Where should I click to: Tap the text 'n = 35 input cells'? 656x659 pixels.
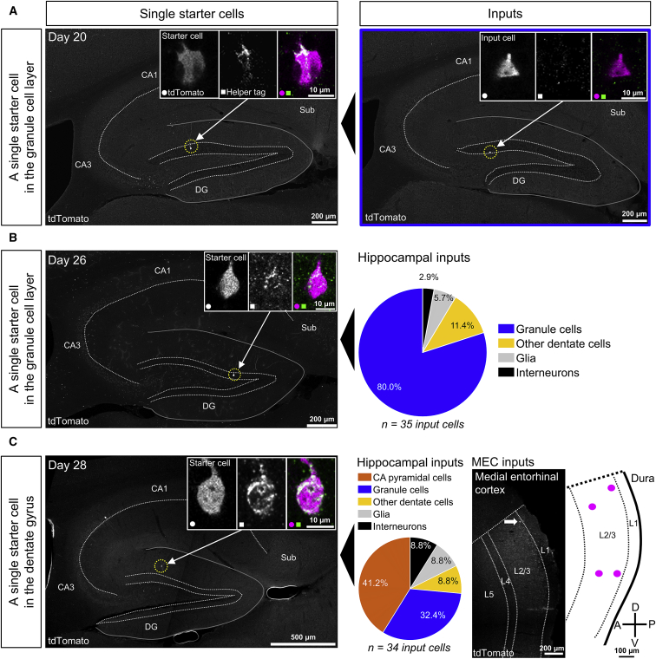click(x=410, y=425)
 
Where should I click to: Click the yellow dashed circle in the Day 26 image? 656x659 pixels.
click(x=233, y=375)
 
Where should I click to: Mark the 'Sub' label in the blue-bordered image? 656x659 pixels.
click(x=617, y=113)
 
